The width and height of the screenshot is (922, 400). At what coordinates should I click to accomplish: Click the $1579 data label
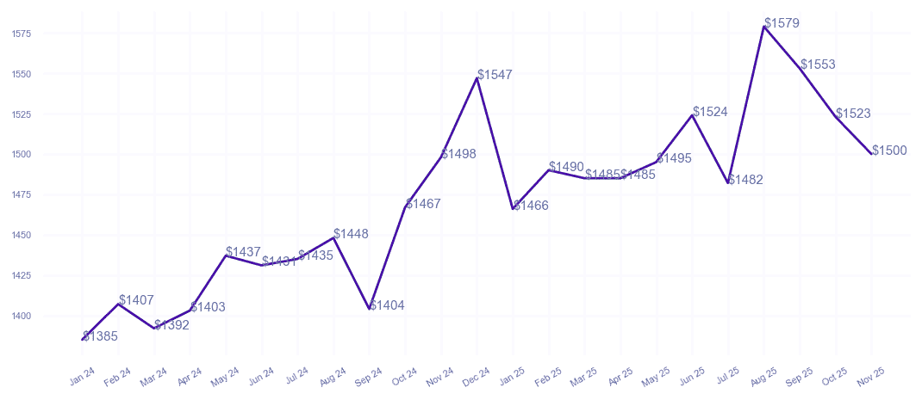[x=782, y=23]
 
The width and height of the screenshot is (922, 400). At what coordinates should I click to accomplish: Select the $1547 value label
[x=495, y=75]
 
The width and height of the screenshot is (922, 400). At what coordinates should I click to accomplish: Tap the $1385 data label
[x=101, y=336]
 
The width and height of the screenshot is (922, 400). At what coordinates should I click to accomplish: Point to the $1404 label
[x=387, y=305]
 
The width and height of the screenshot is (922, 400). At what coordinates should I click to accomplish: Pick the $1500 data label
[x=889, y=151]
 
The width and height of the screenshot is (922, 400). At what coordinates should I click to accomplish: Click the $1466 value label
[x=531, y=206]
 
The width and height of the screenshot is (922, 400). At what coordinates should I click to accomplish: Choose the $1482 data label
[x=745, y=180]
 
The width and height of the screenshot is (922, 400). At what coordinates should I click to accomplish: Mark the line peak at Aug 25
[x=763, y=27]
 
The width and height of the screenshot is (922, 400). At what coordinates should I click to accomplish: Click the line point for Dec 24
[x=477, y=78]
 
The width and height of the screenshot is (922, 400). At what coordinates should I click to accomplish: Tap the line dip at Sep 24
[x=370, y=308]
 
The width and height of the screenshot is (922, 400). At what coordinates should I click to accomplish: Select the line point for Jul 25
[x=728, y=182]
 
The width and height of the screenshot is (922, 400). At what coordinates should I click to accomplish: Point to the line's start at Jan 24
[x=83, y=339]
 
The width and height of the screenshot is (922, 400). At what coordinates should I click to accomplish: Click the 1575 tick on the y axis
[x=22, y=34]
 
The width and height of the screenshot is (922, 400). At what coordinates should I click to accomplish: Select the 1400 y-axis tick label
[x=22, y=316]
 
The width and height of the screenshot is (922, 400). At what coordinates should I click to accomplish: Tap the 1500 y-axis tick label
[x=22, y=155]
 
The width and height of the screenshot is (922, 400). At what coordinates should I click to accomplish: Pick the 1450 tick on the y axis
[x=22, y=235]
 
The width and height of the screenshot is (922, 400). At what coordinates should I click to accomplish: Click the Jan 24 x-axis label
[x=83, y=376]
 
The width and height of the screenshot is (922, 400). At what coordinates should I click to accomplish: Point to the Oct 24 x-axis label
[x=405, y=376]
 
